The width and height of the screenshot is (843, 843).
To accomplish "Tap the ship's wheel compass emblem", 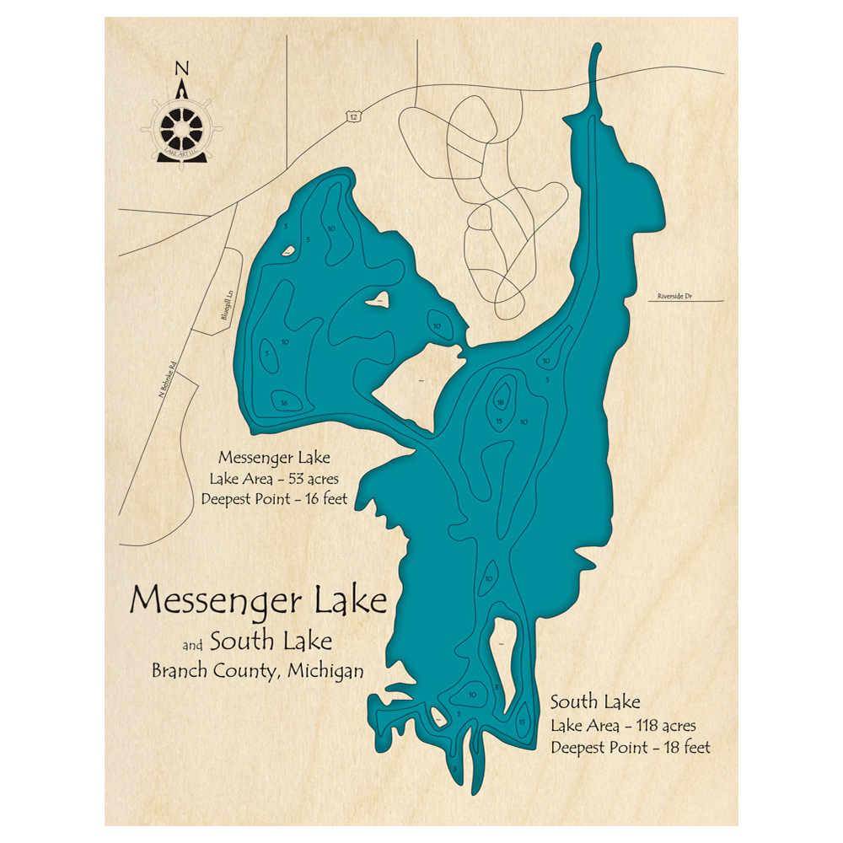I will tap(181, 127).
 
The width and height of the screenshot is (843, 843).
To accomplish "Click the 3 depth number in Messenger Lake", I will tap(286, 227).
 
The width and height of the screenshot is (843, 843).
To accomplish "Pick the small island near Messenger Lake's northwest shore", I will tap(288, 250).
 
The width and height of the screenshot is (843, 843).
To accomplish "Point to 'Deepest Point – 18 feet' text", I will tap(631, 747).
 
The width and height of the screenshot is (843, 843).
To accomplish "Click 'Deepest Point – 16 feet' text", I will tap(274, 499).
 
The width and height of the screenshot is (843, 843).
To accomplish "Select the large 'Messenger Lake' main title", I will tap(259, 600).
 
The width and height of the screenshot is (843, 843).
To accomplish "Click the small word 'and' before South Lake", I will tap(193, 647).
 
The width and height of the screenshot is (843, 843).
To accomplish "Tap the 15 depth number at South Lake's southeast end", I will tap(522, 722).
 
